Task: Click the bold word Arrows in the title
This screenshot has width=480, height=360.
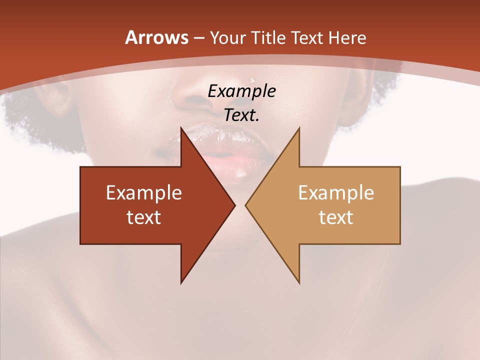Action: pyautogui.click(x=156, y=37)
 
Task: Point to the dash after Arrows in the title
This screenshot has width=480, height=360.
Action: pyautogui.click(x=198, y=38)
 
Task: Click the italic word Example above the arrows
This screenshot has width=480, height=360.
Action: pyautogui.click(x=241, y=91)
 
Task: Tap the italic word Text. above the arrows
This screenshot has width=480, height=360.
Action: pyautogui.click(x=241, y=115)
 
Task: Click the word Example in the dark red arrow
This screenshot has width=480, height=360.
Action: pyautogui.click(x=144, y=192)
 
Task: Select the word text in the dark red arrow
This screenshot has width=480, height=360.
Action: pyautogui.click(x=144, y=217)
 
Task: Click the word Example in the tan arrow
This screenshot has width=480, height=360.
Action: pyautogui.click(x=336, y=192)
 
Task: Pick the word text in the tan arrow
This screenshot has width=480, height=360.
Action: pyautogui.click(x=336, y=217)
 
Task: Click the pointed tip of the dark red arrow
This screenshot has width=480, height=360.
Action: pyautogui.click(x=235, y=205)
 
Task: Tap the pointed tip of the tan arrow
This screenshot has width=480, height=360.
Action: pyautogui.click(x=245, y=205)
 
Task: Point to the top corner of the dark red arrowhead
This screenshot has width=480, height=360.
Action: pyautogui.click(x=181, y=127)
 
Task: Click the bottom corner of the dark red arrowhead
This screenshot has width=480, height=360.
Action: pyautogui.click(x=181, y=283)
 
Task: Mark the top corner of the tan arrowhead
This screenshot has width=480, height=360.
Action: pyautogui.click(x=299, y=127)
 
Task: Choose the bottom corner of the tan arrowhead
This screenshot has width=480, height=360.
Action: pyautogui.click(x=299, y=283)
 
